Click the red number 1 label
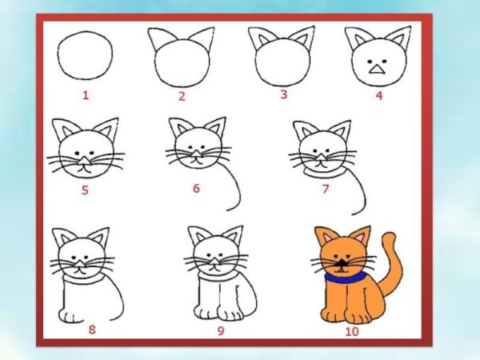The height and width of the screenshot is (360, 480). [85, 96]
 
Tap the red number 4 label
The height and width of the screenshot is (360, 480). [378, 96]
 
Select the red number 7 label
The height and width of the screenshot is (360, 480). [326, 190]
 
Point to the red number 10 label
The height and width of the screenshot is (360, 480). [351, 330]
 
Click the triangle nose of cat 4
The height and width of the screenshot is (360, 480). [374, 70]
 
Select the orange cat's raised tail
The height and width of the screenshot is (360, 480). [392, 264]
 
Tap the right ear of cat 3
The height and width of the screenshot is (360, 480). [302, 38]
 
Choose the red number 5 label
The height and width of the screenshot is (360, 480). [85, 190]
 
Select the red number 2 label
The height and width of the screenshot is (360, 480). [182, 97]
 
